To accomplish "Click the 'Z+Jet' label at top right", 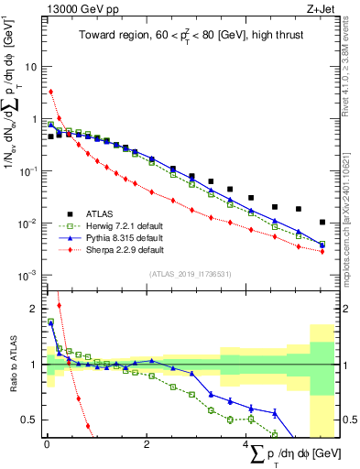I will [321, 9].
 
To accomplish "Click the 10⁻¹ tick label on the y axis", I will [29, 171].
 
